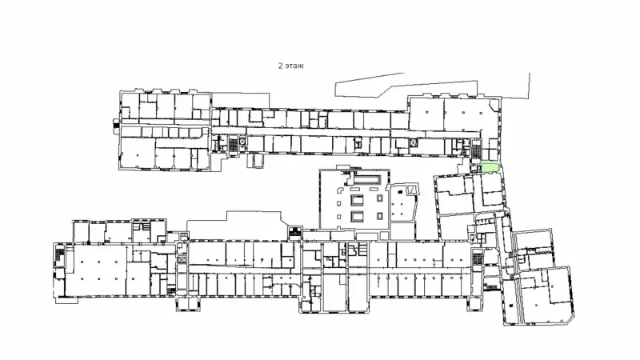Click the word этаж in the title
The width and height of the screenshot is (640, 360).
pos(294,66)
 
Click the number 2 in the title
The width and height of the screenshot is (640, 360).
pos(281,66)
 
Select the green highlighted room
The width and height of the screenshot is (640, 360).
pos(490,168)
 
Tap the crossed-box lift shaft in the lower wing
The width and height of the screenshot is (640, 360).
pos(182,259)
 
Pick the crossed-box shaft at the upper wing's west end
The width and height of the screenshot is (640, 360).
pos(242,142)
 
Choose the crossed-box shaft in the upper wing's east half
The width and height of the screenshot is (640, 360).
pos(414,143)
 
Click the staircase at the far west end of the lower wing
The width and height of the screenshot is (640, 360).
pos(59,255)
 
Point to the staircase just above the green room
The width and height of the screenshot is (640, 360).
pos(476,150)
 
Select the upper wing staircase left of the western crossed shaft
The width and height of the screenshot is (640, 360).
pos(233,145)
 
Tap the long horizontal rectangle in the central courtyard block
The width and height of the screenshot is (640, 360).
pos(367,179)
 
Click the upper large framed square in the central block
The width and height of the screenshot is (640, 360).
pos(357,200)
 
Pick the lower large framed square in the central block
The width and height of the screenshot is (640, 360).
pos(357,217)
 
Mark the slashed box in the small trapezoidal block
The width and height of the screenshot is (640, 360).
pos(412,190)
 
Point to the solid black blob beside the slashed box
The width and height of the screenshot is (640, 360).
pos(401,191)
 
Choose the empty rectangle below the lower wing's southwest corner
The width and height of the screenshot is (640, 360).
pos(66,300)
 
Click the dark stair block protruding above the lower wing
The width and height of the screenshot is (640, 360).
pos(294,232)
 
